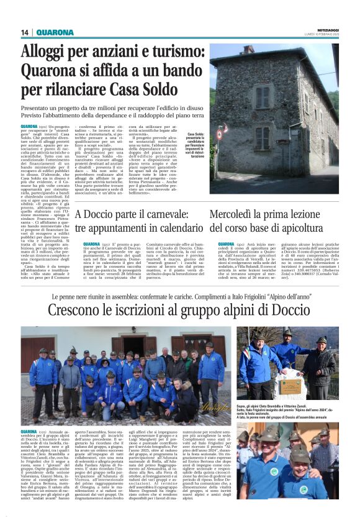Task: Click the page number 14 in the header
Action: pos(25,32)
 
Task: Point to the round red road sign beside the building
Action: pos(218,133)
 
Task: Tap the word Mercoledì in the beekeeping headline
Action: pos(230,215)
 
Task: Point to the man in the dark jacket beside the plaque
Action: pos(320,366)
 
